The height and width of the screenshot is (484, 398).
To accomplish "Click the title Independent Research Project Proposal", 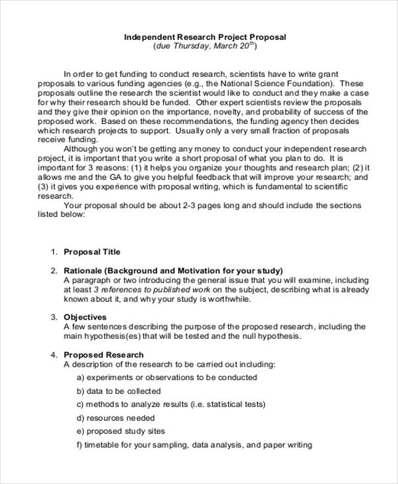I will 205,37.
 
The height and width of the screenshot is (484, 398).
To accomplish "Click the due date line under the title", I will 205,47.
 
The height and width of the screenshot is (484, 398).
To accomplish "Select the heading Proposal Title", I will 92,252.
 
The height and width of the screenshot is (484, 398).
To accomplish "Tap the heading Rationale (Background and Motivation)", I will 173,271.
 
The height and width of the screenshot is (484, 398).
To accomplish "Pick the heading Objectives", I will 85,318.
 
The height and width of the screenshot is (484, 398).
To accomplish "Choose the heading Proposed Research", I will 103,355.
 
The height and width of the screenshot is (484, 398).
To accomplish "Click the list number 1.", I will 54,252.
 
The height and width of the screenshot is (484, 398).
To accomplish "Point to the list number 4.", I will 54,355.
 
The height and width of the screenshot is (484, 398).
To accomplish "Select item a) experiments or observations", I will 166,377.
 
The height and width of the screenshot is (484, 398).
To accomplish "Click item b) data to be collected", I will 119,391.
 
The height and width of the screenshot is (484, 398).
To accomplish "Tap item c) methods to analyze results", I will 170,404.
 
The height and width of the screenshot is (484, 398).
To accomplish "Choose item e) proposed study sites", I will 121,431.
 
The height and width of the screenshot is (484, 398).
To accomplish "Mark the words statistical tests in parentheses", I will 237,404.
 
